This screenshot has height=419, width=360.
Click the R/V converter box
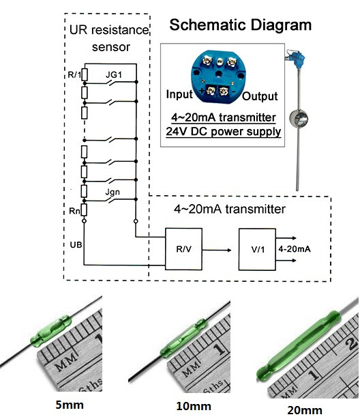(x=183, y=249)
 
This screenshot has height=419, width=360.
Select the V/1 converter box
(x=257, y=249)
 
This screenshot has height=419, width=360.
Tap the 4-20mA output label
(x=295, y=249)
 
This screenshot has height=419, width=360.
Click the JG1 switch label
(x=114, y=75)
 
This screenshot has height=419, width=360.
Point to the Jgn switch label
(x=112, y=192)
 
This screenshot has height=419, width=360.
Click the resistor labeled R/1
(x=85, y=74)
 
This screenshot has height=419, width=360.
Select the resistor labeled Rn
(x=84, y=209)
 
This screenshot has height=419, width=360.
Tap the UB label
(x=76, y=245)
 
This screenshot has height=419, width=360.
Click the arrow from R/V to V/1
(x=217, y=250)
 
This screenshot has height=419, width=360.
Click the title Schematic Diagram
(x=241, y=25)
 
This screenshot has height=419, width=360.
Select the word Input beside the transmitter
(x=179, y=94)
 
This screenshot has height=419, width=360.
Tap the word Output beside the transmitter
(x=260, y=96)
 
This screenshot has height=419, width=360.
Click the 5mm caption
(x=70, y=405)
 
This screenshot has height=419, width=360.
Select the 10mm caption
(x=194, y=406)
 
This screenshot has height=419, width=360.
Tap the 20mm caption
(x=305, y=410)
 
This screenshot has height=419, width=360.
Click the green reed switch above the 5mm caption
(x=51, y=331)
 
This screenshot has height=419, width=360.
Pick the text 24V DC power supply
(x=223, y=132)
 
